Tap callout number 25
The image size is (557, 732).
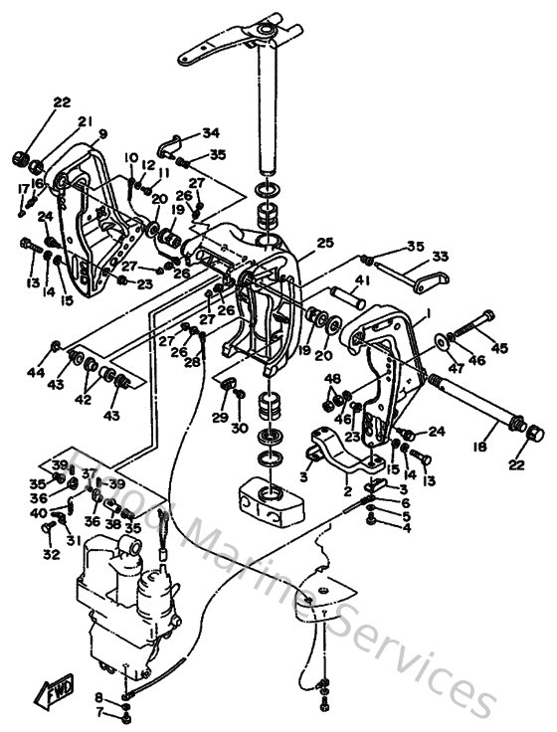click(x=324, y=243)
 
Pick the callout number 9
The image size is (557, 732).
click(x=102, y=133)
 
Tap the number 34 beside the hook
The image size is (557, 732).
click(x=211, y=133)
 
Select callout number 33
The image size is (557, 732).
click(x=442, y=256)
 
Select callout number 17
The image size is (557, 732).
click(x=22, y=188)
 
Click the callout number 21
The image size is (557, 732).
click(x=86, y=122)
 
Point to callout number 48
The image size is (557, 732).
click(x=332, y=379)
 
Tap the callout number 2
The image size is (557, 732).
click(x=347, y=490)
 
